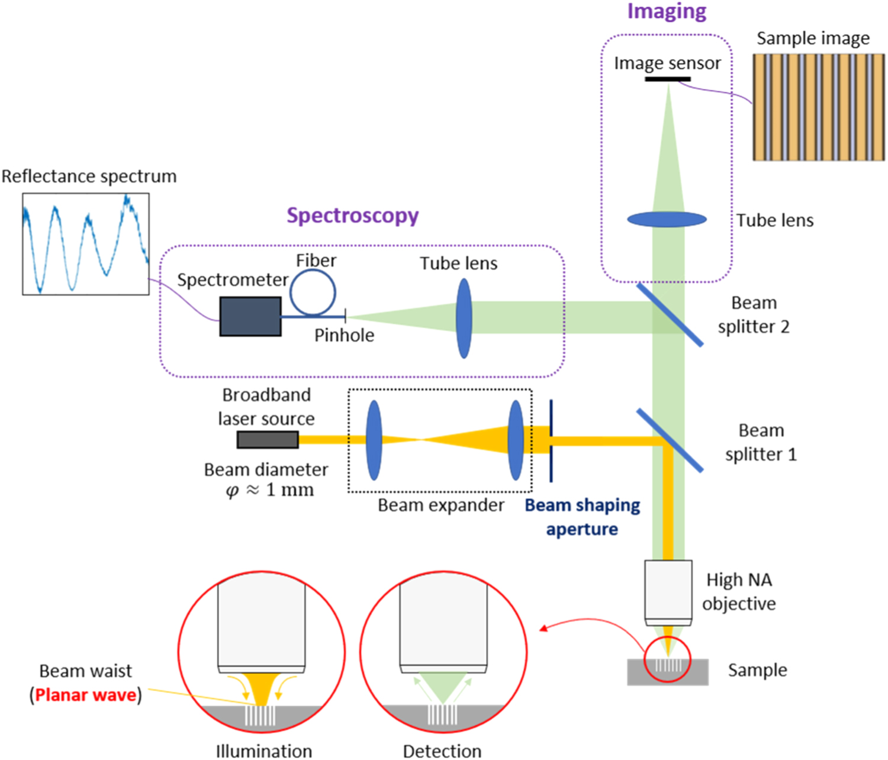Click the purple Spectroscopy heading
352,215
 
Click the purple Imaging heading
667,11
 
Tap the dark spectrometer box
250,317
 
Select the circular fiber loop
313,292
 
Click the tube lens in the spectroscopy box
464,318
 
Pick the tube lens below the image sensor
667,220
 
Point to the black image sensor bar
667,79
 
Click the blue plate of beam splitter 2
670,314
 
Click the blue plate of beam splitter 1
670,440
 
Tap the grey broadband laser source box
268,440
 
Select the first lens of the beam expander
374,440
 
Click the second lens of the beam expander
516,440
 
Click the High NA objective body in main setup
668,589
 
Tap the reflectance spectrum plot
86,244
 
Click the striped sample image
819,107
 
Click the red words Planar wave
86,695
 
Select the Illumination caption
263,751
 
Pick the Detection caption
442,751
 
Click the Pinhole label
344,336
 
